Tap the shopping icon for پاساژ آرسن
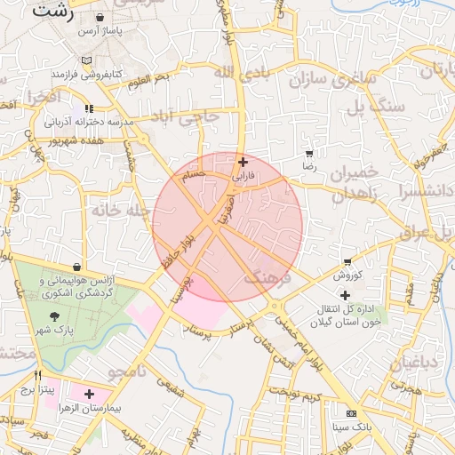tap(98, 17)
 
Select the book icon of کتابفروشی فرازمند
tap(85, 60)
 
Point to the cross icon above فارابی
tap(243, 163)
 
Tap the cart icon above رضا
tap(308, 154)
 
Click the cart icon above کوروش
tap(346, 262)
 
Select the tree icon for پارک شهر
tap(55, 317)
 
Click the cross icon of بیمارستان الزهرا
tap(89, 393)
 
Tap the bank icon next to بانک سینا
tap(350, 413)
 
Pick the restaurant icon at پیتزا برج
tap(37, 376)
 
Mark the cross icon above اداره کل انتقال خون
tap(345, 294)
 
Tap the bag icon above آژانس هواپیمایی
tap(78, 267)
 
